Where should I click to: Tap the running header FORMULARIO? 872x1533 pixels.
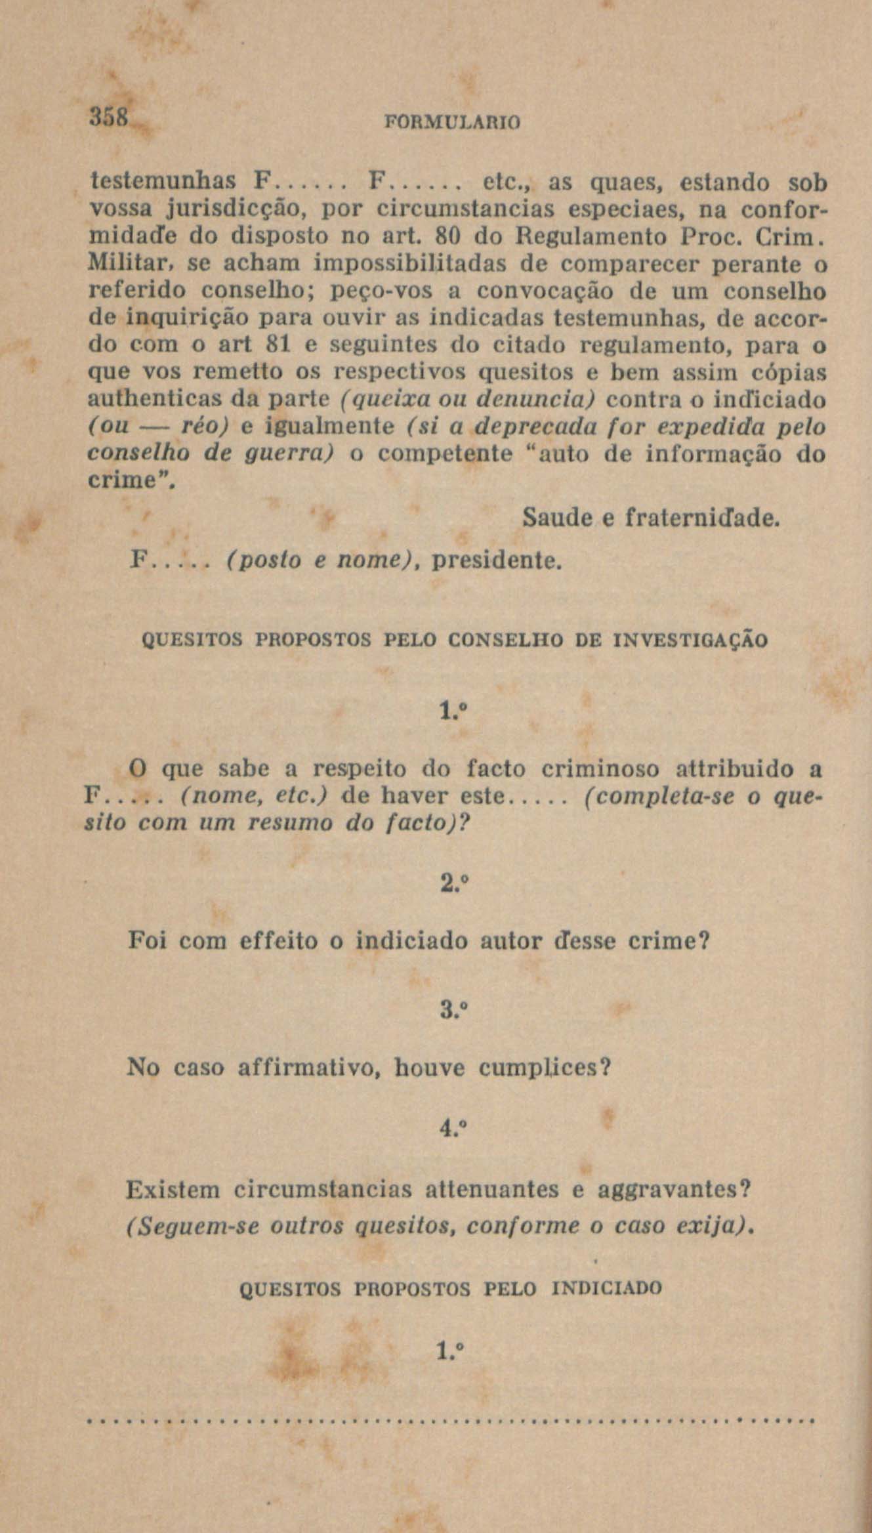(x=452, y=123)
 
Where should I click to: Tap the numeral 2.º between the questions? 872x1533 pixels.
(x=453, y=883)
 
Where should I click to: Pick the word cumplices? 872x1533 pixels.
(x=544, y=1068)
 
